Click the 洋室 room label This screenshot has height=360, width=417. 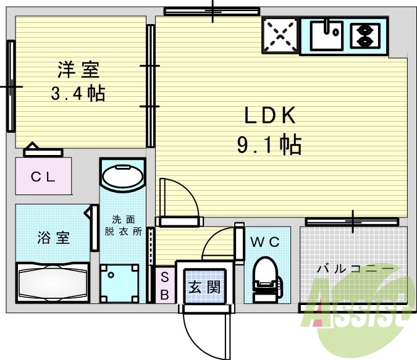78,70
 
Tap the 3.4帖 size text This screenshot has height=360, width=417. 78,93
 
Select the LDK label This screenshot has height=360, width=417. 270,115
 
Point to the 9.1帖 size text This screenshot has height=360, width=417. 269,145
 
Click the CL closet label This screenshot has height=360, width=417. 43,176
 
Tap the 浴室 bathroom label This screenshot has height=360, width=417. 54,238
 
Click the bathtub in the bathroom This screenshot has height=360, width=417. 53,283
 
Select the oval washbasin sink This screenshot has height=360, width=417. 123,175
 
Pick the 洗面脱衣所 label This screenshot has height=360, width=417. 123,225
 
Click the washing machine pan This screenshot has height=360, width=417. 120,283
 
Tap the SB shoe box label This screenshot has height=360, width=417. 165,286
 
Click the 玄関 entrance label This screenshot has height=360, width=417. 204,287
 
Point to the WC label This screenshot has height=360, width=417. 265,242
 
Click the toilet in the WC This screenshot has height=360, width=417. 266,279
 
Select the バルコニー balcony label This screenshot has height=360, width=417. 355,269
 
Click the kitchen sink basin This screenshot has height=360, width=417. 326,36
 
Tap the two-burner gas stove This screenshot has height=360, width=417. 365,36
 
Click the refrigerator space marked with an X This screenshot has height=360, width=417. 280,35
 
